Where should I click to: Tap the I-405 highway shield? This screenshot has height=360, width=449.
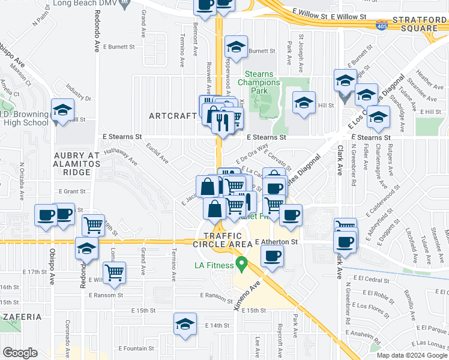[x=381, y=25]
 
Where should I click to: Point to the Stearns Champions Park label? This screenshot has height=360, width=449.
[x=259, y=82]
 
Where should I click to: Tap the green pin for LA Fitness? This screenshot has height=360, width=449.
[x=242, y=263]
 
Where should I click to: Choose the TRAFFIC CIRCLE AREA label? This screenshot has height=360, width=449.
[x=223, y=240]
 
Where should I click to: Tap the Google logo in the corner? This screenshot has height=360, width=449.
[x=20, y=353]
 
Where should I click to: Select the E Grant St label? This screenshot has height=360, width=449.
[x=73, y=191]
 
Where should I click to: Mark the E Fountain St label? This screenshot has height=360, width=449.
[x=137, y=348]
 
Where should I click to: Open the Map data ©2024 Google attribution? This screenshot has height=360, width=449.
[x=411, y=355]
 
